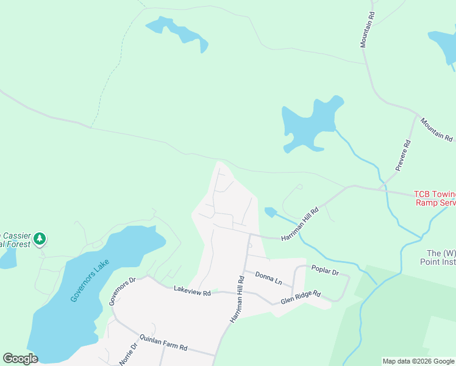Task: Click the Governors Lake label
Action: pos(90,281)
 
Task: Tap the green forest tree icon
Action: pos(40,239)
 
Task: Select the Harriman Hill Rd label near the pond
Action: pos(299,224)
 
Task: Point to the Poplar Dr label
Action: pos(324,270)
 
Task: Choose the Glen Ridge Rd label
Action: pos(301,297)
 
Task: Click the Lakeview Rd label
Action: pos(192,291)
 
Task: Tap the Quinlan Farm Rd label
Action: pos(163,342)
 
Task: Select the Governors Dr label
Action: pos(121,292)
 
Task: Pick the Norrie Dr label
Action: pos(129,353)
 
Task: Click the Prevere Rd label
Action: pos(403,155)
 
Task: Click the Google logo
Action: pos(20,359)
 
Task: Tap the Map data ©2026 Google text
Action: pos(418,361)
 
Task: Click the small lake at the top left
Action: pos(178,33)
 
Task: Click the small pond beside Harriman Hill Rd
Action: pos(270,212)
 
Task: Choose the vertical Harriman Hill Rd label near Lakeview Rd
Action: pos(237,300)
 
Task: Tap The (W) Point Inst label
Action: pos(441,257)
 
